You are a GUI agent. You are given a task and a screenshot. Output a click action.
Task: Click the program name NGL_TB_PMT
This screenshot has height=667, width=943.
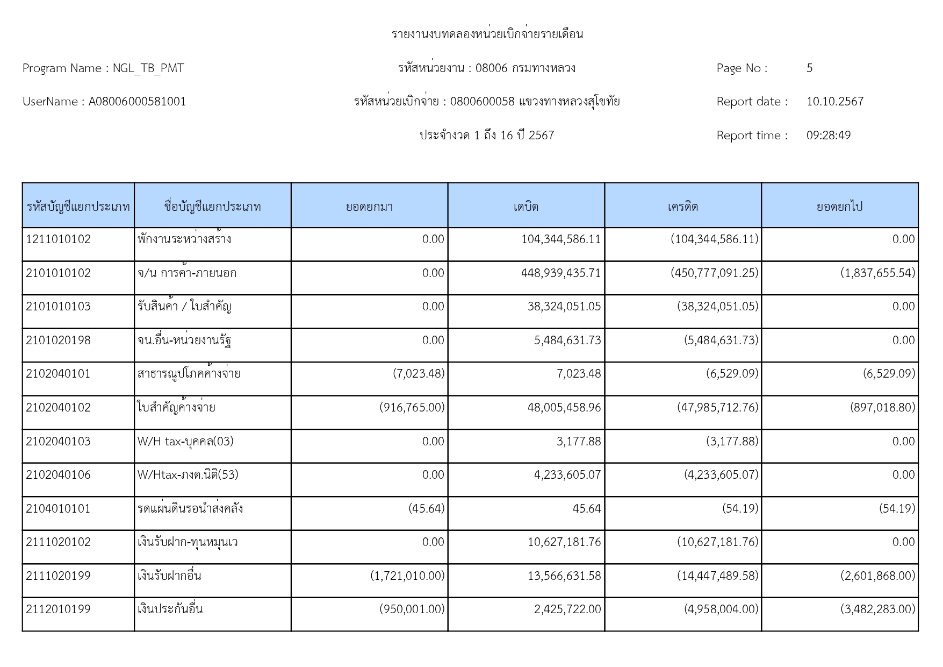coord(148,68)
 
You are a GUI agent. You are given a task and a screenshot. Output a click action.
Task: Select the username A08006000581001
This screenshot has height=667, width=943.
coord(137,102)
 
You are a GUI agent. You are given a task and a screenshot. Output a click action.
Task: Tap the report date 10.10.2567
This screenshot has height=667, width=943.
coord(834,102)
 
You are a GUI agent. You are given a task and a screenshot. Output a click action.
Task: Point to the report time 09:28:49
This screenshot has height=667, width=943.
coord(828,136)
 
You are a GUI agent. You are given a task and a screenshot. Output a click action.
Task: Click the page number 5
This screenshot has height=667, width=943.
coord(809,68)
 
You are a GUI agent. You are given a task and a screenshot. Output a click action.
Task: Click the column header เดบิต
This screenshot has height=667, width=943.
coord(526,207)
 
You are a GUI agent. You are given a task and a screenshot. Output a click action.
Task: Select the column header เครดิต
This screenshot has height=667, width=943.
coord(682,207)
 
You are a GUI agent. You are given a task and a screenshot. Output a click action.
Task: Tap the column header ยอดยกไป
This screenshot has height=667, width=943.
coord(839,207)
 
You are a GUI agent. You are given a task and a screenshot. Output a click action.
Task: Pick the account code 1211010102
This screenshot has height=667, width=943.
coord(59,239)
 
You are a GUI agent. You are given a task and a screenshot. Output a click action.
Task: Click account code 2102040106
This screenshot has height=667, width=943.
coord(59,475)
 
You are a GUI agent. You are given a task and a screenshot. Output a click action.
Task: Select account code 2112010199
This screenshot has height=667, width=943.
coord(59,609)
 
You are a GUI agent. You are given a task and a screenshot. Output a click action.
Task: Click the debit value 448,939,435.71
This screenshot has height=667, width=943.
coord(560,273)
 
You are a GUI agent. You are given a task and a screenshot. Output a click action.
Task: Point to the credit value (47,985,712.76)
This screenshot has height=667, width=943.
coord(717,408)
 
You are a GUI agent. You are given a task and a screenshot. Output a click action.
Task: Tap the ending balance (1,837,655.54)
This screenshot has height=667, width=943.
coord(877,273)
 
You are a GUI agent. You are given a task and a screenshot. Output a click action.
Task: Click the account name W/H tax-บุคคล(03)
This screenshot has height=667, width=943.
coord(185,442)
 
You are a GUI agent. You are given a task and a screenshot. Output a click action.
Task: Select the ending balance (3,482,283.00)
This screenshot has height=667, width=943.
coord(877,609)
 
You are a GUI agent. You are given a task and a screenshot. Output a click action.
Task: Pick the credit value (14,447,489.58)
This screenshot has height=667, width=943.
coord(717,576)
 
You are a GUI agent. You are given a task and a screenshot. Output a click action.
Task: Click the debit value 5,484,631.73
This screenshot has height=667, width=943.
coord(567,340)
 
